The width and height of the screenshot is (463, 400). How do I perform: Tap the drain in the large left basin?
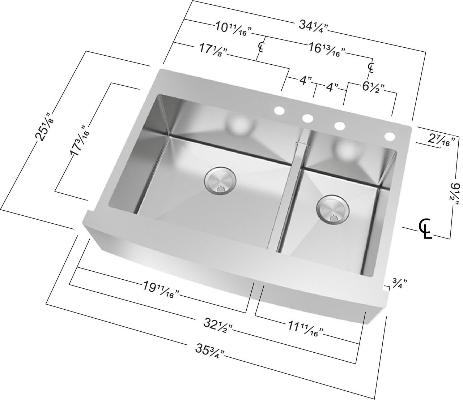point(220,180)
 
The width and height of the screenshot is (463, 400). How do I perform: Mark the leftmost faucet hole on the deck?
point(279,111)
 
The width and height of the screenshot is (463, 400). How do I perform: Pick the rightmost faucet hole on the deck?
point(390,137)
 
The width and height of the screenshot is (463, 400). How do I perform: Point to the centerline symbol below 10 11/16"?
point(261,47)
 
